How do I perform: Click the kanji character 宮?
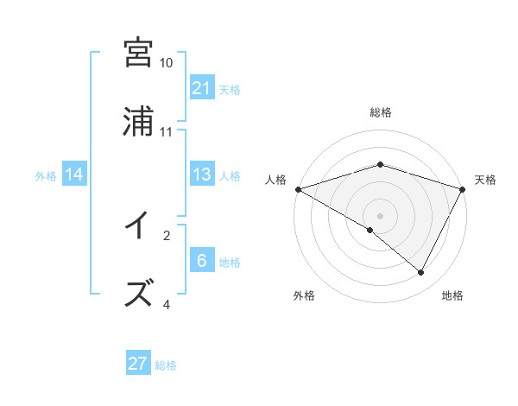click(x=139, y=53)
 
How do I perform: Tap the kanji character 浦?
click(x=139, y=122)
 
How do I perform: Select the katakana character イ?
click(x=139, y=226)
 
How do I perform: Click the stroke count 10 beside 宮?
click(x=167, y=63)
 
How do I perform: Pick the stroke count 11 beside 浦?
click(x=167, y=132)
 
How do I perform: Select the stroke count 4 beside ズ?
click(x=167, y=304)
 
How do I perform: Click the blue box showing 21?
click(x=202, y=88)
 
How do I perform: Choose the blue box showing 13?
click(x=202, y=174)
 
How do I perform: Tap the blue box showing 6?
click(x=202, y=261)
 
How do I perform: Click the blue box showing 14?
click(x=74, y=174)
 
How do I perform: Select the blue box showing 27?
click(x=138, y=364)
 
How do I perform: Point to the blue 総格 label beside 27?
click(x=166, y=365)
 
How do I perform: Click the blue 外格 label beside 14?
click(x=46, y=176)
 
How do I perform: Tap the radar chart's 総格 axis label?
click(x=381, y=112)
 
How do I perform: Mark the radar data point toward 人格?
click(x=298, y=188)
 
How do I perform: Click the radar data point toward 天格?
click(x=463, y=188)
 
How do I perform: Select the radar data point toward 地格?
click(x=421, y=273)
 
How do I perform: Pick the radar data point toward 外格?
click(x=370, y=230)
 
